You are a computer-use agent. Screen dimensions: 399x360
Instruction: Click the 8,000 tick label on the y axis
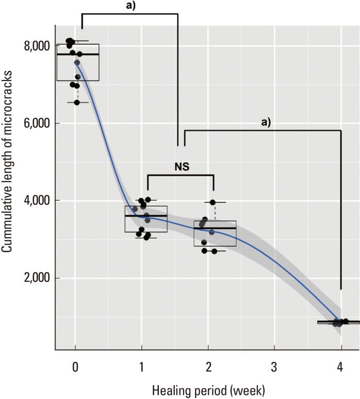pyautogui.click(x=37, y=46)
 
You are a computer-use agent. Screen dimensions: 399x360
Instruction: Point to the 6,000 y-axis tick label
pyautogui.click(x=37, y=123)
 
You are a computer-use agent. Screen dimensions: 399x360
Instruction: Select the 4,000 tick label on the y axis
pyautogui.click(x=37, y=200)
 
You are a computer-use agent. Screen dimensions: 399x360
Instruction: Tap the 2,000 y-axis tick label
pyautogui.click(x=37, y=278)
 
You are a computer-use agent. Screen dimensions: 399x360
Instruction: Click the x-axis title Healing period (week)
pyautogui.click(x=208, y=390)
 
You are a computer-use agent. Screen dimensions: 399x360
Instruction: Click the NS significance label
pyautogui.click(x=181, y=167)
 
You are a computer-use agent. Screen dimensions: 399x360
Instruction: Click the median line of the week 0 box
pyautogui.click(x=78, y=54)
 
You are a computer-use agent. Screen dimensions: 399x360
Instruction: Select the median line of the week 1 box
pyautogui.click(x=146, y=216)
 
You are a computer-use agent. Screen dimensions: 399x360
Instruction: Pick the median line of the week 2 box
pyautogui.click(x=215, y=228)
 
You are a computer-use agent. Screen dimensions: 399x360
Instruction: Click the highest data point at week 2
pyautogui.click(x=212, y=202)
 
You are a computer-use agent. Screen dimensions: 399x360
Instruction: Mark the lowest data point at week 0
pyautogui.click(x=77, y=102)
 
